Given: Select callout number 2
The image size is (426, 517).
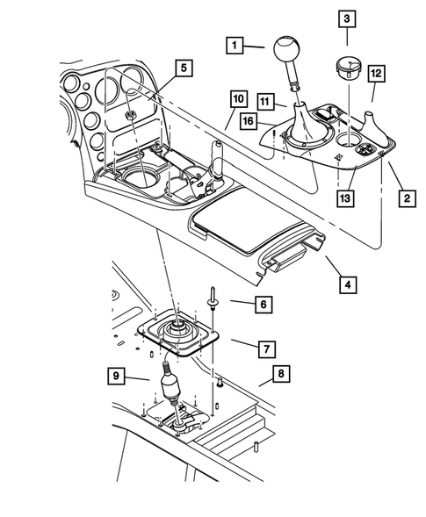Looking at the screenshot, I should coord(405,198).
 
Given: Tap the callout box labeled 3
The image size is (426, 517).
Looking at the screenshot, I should coord(347,18).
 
